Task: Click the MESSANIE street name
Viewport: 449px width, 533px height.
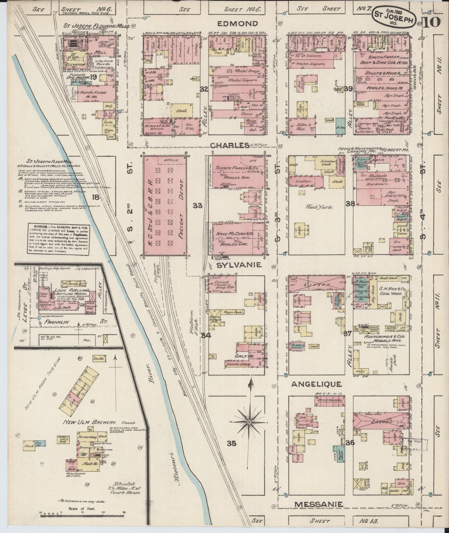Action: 318,504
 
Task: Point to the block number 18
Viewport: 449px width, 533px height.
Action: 95,197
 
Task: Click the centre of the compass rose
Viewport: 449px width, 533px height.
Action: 249,422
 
